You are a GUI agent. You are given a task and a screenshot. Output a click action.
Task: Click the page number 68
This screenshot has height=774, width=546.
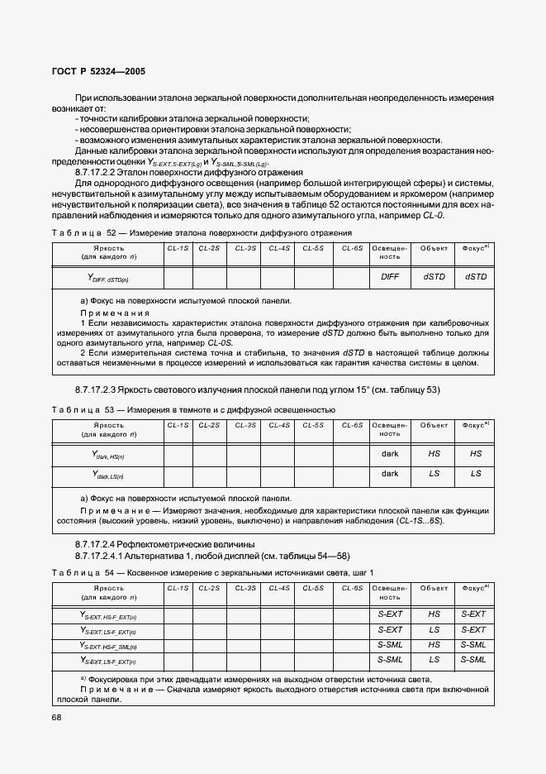coord(57,717)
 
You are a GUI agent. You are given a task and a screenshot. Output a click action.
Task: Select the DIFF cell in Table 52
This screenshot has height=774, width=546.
coord(389,276)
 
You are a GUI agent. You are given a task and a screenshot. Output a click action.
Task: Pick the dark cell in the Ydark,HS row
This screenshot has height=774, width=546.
coord(389,454)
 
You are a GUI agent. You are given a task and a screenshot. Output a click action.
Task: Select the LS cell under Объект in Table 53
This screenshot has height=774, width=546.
coord(434,474)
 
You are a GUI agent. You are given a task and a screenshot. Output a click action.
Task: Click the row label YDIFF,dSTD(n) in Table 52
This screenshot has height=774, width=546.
coord(108,278)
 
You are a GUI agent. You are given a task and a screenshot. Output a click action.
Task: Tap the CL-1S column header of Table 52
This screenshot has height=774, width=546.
coord(178,248)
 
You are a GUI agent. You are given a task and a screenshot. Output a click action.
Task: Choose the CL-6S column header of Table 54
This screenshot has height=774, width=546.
coord(353,588)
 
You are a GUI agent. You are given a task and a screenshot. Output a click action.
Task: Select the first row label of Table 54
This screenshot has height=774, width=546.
coord(108,615)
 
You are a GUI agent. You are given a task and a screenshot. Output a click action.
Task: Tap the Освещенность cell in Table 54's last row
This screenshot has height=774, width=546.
coord(389,659)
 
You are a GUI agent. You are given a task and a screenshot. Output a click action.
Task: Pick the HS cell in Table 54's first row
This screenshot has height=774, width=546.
coord(434,614)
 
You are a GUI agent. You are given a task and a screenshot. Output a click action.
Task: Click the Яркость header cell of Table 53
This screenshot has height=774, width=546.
coord(108,429)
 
